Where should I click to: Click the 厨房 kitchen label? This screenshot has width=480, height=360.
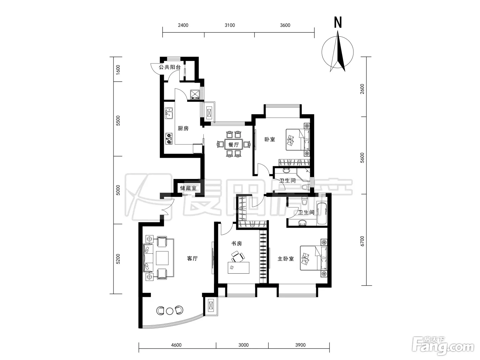[x=183, y=128]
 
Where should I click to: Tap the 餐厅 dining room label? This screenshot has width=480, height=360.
[x=233, y=145]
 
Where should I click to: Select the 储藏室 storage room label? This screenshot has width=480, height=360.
[x=188, y=188]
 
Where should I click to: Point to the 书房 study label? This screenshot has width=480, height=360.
[x=237, y=243]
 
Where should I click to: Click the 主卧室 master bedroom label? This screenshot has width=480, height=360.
[x=286, y=259]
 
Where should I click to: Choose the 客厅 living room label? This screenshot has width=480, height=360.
[x=192, y=259]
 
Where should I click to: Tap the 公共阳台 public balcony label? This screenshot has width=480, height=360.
[x=170, y=67]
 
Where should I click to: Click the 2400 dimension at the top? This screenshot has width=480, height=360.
[x=183, y=25]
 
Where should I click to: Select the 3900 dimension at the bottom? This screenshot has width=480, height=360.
[x=300, y=345]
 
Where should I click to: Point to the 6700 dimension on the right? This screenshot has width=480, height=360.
[x=362, y=241]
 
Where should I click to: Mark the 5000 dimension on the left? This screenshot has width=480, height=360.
[x=118, y=190]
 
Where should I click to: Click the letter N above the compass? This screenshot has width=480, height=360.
[x=338, y=23]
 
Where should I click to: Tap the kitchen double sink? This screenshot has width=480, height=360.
[x=169, y=113]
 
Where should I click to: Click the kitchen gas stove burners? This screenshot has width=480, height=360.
[x=169, y=139]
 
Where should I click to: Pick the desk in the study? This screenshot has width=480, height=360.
[x=238, y=267]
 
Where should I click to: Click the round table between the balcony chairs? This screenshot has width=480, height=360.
[x=169, y=311]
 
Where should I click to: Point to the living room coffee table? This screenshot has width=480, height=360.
[x=162, y=258]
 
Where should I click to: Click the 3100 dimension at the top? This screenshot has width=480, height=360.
[x=230, y=25]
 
